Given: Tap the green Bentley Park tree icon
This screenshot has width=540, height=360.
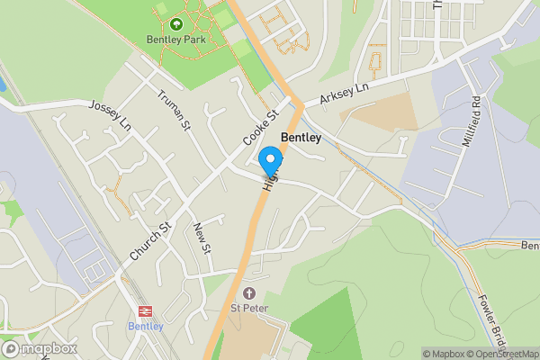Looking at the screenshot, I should point(176,24).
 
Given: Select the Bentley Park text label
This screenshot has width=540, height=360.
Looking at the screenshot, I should point(176,40).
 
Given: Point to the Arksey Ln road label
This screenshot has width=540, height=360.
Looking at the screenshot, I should point(343,94).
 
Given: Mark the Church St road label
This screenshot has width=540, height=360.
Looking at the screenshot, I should point(149,240).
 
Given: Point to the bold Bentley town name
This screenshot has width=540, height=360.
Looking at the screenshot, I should point(301,138).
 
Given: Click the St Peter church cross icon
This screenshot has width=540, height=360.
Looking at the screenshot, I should point(249,294).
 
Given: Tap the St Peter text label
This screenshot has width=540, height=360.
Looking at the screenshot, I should point(249,310).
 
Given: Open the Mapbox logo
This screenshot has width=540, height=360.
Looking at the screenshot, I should point(40,348).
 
